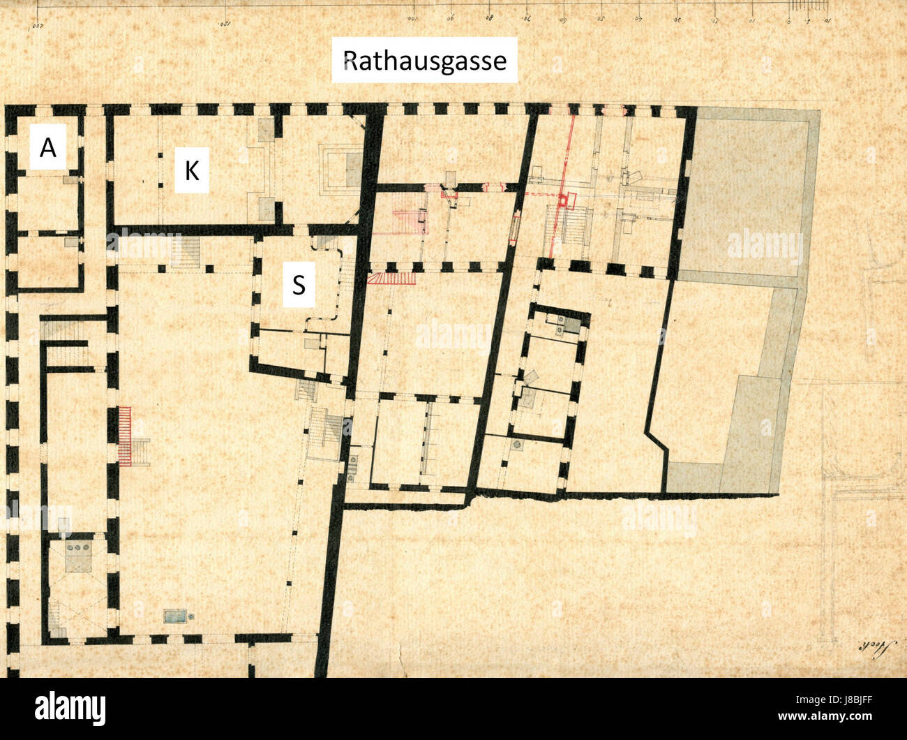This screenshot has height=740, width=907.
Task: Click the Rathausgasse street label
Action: [x=424, y=61]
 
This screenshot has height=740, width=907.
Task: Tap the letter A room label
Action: [x=47, y=147]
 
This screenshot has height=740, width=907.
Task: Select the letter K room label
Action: [x=191, y=170]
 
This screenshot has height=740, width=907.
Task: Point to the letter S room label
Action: [x=299, y=284]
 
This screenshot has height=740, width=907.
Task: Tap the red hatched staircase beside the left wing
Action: [x=125, y=436]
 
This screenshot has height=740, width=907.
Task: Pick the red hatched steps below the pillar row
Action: [x=391, y=279]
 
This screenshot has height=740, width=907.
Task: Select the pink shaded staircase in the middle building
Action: [x=409, y=220]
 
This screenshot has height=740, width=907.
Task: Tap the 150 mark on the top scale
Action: [x=225, y=22]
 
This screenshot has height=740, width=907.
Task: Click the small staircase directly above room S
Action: [x=186, y=252]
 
